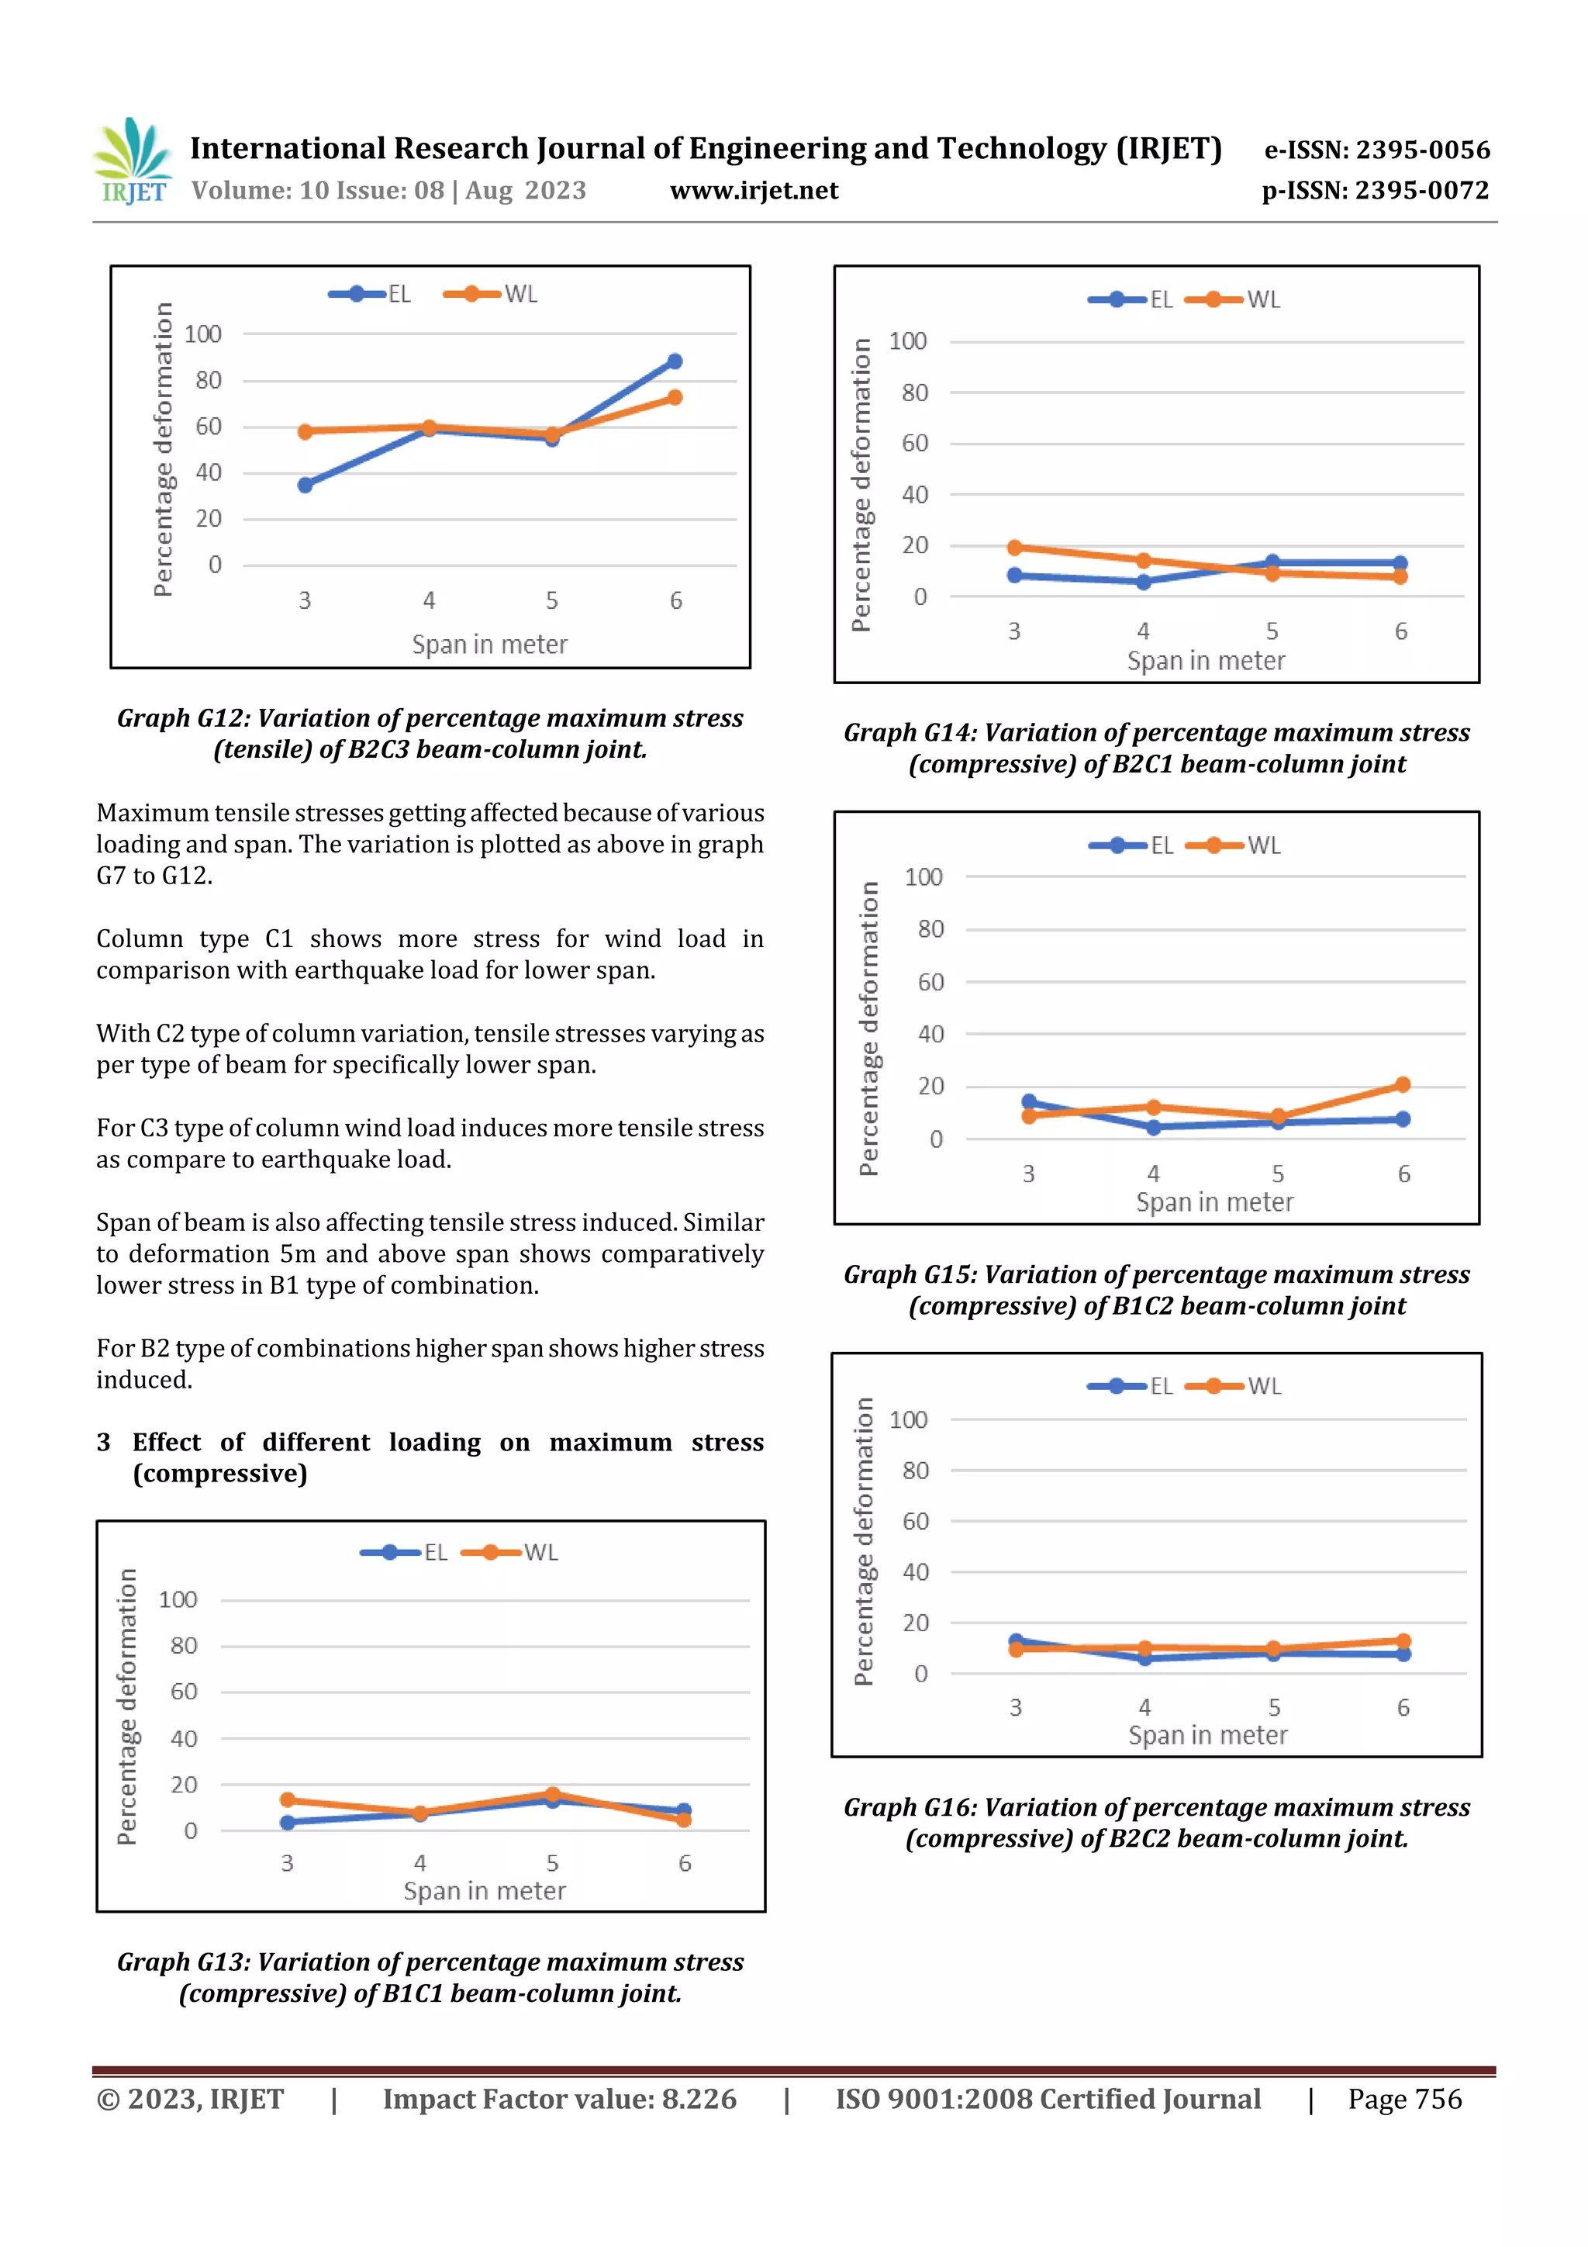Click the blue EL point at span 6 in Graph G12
674,361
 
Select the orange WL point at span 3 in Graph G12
306,431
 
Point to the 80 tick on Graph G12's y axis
208,380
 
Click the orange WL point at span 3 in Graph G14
1015,548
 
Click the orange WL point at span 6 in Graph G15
1402,1084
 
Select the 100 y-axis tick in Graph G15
923,877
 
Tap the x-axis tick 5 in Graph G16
1274,1708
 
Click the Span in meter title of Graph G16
1207,1735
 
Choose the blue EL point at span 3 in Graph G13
288,1822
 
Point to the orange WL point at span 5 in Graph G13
553,1794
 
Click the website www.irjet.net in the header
754,190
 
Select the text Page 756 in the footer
1404,2098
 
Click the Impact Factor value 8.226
699,2098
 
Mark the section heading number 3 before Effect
104,1442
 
